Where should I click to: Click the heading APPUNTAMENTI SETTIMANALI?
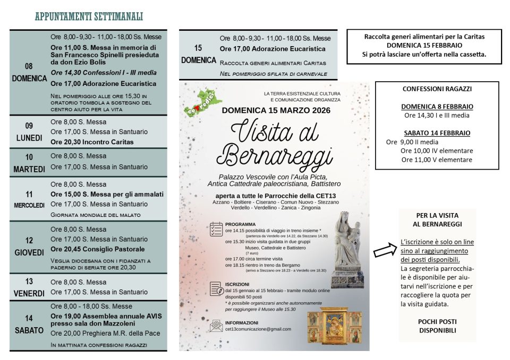coord(89,16)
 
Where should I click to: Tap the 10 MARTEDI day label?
coord(29,163)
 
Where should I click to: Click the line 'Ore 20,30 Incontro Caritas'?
coord(92,142)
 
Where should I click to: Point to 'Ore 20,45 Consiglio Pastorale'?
coord(97,249)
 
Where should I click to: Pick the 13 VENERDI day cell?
coord(29,287)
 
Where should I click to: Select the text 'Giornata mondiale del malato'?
coord(95,215)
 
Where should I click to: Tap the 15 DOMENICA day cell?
coord(198,54)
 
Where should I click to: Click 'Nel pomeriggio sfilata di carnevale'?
coord(273,74)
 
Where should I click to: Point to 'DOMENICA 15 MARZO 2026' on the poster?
coord(276,110)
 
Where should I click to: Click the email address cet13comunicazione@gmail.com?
coord(258,329)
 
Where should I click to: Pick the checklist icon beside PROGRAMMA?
coord(216,229)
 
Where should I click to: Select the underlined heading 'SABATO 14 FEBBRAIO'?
coord(437,133)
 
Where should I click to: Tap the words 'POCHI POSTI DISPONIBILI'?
coord(437,326)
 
